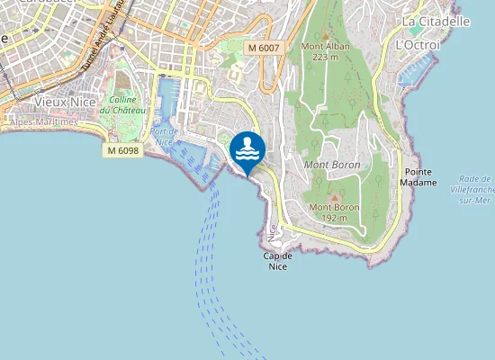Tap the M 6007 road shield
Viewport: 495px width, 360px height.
click(x=264, y=47)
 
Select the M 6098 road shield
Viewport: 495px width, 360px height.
click(x=122, y=150)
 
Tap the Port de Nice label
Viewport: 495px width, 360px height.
click(x=163, y=136)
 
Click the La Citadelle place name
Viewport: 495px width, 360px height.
click(x=436, y=21)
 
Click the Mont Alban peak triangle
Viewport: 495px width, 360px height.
click(x=326, y=35)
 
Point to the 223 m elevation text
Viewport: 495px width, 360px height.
click(x=326, y=57)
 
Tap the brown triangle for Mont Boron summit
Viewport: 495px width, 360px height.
click(x=335, y=196)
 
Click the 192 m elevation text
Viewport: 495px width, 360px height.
click(x=335, y=217)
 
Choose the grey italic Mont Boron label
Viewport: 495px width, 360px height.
click(x=332, y=165)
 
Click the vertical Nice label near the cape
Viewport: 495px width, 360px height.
click(x=273, y=232)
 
